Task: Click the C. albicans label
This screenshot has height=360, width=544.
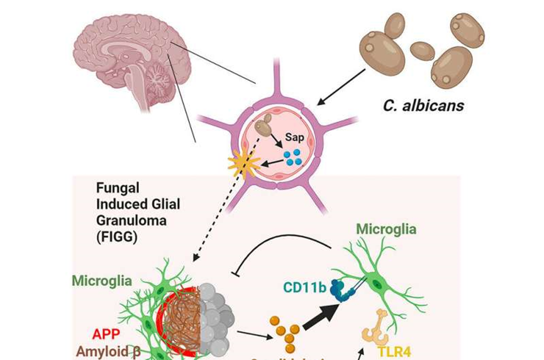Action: pos(423,105)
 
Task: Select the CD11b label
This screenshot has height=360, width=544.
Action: pos(304,288)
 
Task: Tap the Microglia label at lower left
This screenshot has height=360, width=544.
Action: pos(103,280)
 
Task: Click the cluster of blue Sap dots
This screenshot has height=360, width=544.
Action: pos(291,157)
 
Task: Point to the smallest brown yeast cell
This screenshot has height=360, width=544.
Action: pos(422,50)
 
